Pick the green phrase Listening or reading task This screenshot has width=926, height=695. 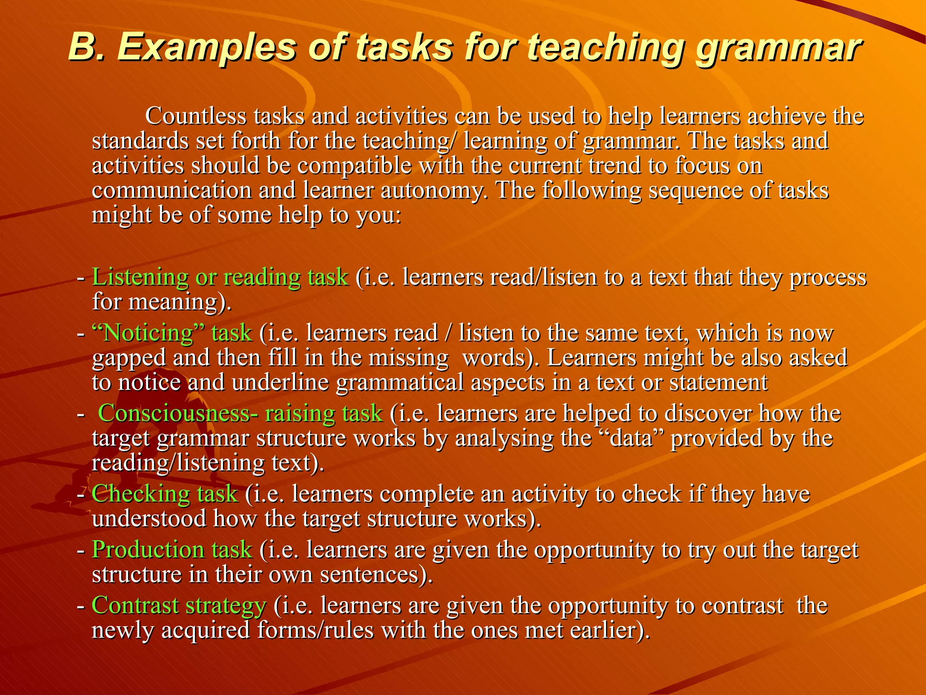click(x=220, y=277)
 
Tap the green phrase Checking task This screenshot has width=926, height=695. click(x=165, y=494)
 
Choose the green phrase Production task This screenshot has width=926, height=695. click(x=172, y=550)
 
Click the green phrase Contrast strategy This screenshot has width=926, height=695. click(x=179, y=605)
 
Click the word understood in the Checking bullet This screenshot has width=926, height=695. click(x=149, y=518)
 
